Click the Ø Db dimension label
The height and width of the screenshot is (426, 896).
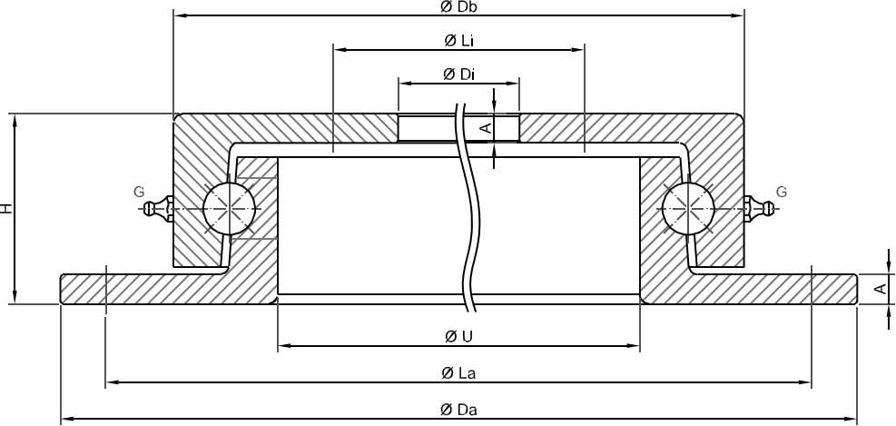(x=459, y=7)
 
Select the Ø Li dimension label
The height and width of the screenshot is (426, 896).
(x=458, y=41)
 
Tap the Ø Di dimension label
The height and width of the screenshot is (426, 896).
(x=458, y=74)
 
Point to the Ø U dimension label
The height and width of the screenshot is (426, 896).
(x=458, y=336)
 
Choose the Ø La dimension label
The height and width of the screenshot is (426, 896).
(x=458, y=373)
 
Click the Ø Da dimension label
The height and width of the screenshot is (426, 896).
(x=458, y=410)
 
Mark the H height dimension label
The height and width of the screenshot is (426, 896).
(x=6, y=208)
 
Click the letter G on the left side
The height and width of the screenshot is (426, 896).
(x=140, y=192)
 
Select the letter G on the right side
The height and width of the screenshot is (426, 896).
(x=781, y=192)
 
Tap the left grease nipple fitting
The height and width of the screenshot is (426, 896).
(x=160, y=209)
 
